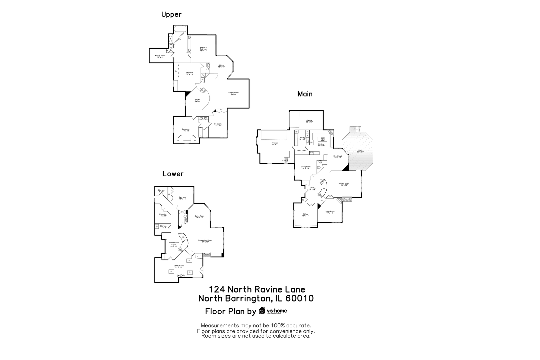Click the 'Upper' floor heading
click(x=171, y=14)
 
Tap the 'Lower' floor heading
click(x=173, y=174)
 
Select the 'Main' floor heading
click(x=305, y=94)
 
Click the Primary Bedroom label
click(x=203, y=49)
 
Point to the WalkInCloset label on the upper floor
click(x=160, y=56)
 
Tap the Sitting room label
click(x=221, y=66)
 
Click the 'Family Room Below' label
click(x=233, y=93)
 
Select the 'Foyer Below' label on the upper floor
click(x=197, y=100)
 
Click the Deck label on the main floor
click(x=360, y=151)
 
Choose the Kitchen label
click(x=321, y=145)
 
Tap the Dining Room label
click(x=306, y=167)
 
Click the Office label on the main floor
click(x=306, y=215)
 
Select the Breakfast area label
click(x=338, y=156)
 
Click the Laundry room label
click(x=302, y=138)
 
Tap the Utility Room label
click(x=179, y=266)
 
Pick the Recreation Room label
click(x=205, y=241)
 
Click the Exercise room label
click(x=163, y=215)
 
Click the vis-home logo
click(x=273, y=311)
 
